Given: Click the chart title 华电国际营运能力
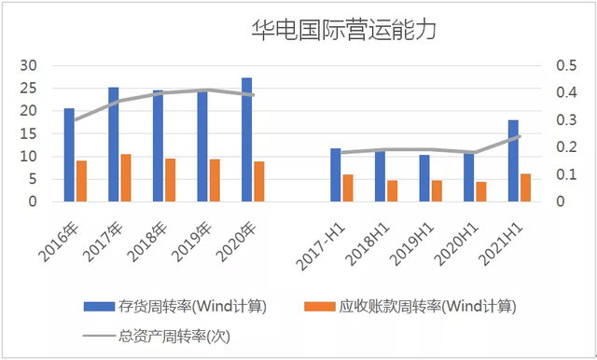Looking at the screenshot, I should click(344, 30).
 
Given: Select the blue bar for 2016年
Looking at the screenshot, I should click(69, 155).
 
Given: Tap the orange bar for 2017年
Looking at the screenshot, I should click(126, 178).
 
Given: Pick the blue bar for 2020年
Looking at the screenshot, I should click(246, 140).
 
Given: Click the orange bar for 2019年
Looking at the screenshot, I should click(215, 180).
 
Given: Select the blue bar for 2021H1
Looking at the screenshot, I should click(513, 160).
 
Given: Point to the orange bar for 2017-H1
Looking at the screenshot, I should click(348, 187).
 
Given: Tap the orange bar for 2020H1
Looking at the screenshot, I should click(481, 191).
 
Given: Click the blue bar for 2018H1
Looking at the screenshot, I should click(380, 176).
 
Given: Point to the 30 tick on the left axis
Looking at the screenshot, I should click(29, 65).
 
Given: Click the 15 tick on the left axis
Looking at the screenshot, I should click(29, 133).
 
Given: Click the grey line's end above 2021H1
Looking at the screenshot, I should click(519, 136).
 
